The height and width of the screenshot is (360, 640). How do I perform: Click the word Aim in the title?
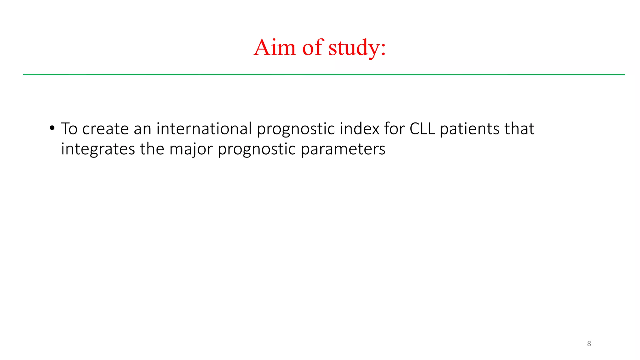275,47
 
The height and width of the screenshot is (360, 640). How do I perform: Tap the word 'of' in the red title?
312,47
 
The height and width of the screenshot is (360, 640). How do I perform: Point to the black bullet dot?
52,128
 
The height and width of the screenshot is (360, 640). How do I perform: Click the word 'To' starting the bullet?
69,128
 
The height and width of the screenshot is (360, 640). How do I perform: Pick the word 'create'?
105,128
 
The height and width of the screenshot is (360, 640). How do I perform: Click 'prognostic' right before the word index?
296,129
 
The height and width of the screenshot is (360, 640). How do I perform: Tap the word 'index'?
359,128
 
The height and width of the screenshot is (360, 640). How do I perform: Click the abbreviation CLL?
422,128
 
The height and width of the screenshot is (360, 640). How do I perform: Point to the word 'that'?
519,128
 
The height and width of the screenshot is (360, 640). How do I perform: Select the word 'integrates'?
98,149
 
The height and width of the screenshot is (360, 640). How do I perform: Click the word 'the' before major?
152,149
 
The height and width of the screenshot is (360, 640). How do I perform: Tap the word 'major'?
191,149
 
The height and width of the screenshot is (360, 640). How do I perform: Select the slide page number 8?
589,344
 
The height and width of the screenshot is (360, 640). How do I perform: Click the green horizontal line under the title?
324,75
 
